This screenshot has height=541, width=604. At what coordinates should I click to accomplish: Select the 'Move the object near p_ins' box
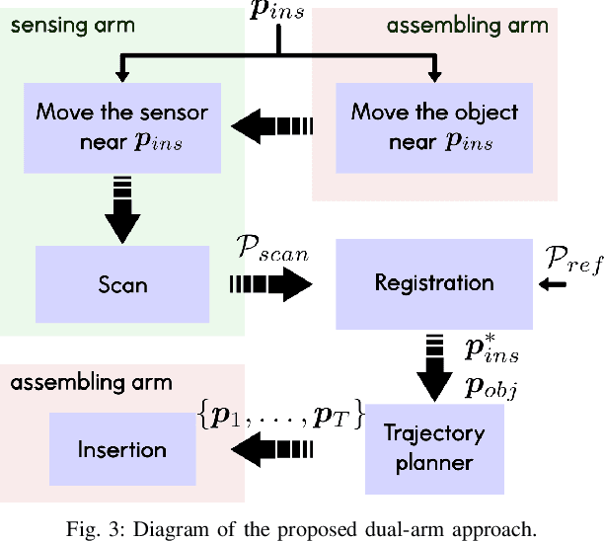pos(434,125)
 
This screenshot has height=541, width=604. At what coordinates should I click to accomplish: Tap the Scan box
pos(122,284)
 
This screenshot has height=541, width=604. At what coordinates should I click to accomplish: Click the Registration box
pos(434,283)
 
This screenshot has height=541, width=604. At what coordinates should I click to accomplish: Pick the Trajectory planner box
pos(434,448)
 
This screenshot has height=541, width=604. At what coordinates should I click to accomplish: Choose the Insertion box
pos(122,449)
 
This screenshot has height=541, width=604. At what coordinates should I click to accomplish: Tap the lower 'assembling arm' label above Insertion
pos(91,382)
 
